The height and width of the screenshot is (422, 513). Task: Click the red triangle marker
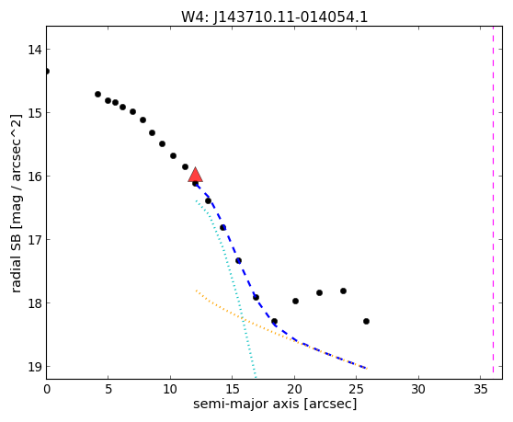click(x=195, y=175)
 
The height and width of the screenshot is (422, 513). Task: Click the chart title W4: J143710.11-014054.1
click(x=275, y=17)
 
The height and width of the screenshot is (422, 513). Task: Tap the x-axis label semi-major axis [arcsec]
click(x=275, y=404)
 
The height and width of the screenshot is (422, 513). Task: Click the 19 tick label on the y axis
click(x=34, y=367)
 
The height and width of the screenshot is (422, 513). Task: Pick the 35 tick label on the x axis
click(x=480, y=389)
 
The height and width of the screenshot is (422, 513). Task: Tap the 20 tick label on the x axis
click(x=294, y=389)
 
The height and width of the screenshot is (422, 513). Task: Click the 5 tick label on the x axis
click(x=108, y=389)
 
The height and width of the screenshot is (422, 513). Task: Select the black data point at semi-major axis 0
click(x=47, y=72)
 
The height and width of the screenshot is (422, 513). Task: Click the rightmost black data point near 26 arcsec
click(x=366, y=321)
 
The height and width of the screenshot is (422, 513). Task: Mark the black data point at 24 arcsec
click(x=343, y=291)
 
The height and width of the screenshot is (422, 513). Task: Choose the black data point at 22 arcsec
click(x=319, y=292)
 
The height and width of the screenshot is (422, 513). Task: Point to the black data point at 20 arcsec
click(x=295, y=301)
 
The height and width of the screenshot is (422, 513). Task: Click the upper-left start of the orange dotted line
click(x=196, y=291)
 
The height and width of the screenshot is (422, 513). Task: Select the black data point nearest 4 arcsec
click(x=97, y=94)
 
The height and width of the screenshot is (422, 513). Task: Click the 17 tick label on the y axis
click(x=34, y=240)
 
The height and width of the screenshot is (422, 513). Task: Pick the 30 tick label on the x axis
click(x=418, y=389)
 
